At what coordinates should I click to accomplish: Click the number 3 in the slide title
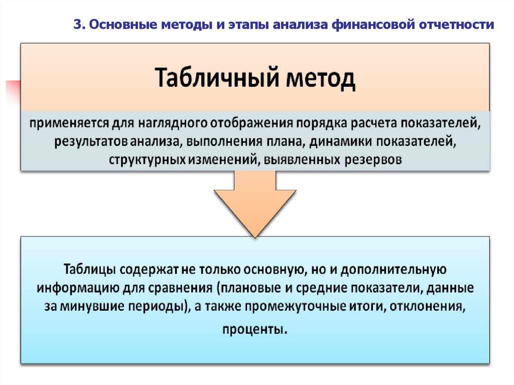[x=77, y=25]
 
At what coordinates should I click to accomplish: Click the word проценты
[x=255, y=329]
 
